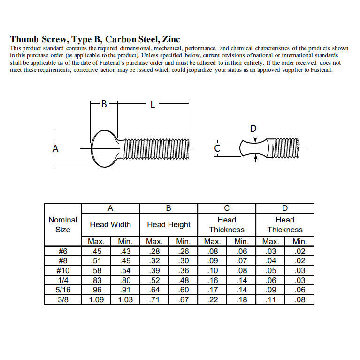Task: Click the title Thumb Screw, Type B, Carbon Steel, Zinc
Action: pos(95,39)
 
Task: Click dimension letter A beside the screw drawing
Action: pos(55,148)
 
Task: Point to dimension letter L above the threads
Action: pos(153,105)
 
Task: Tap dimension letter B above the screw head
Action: pos(104,104)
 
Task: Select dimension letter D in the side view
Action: pos(254,129)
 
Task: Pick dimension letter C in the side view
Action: pos(217,148)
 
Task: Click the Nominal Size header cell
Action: pos(63,224)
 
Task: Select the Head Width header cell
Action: pos(110,224)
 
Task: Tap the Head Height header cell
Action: pos(169,224)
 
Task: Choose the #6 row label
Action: pos(63,251)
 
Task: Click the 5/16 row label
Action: pos(63,290)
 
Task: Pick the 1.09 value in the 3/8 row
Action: pos(96,300)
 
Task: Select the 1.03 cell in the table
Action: pos(125,300)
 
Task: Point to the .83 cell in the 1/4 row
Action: pos(96,280)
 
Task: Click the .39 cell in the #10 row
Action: pos(154,270)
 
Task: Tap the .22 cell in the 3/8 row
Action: pos(213,300)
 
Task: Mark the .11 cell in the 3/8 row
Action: pos(270,300)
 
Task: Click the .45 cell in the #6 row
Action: pos(96,251)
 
